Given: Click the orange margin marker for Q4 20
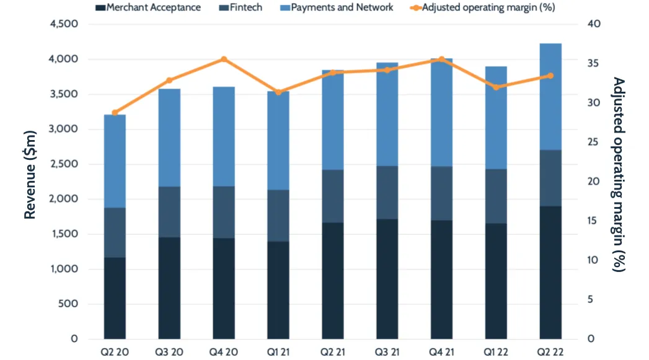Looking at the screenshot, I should point(224,59).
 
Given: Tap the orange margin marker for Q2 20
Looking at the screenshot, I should point(115,113).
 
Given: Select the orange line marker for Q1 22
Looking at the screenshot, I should point(496,87).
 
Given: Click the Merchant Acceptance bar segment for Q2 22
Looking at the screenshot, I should point(550,273).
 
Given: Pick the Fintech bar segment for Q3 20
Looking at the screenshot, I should point(169,212).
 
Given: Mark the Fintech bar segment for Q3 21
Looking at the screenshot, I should point(387,192).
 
